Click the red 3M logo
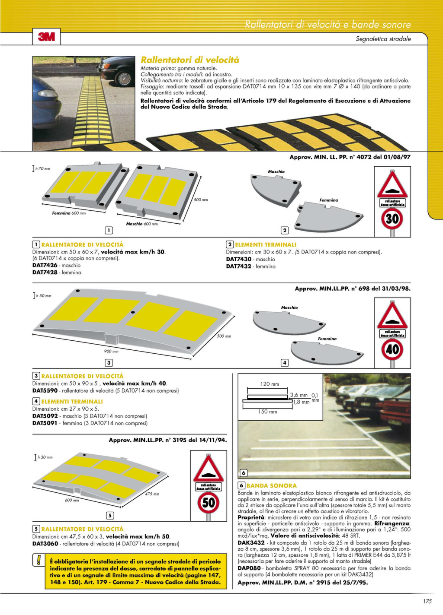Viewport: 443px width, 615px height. pos(46,37)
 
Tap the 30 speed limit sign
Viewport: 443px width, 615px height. pos(392,219)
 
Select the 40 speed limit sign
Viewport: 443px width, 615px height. pos(392,349)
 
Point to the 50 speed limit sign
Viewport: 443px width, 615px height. pos(209,503)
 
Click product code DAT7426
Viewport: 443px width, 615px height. pos(45,265)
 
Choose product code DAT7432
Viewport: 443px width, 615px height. pos(239,266)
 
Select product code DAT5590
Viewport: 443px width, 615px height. pos(45,390)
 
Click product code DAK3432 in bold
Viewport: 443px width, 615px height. pos(251,543)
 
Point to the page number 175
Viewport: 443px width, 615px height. pos(427,601)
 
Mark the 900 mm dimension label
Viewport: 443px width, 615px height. pos(111,351)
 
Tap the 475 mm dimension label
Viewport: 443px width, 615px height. pos(152,494)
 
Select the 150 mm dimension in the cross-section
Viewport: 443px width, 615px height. pos(267,412)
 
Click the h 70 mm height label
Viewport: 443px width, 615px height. pos(43,168)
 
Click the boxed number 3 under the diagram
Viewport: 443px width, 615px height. pos(109,363)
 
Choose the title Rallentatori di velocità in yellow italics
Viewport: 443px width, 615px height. pos(190,60)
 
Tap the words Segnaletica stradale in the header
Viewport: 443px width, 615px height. pos(383,39)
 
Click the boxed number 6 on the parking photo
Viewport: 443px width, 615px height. pos(244,473)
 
